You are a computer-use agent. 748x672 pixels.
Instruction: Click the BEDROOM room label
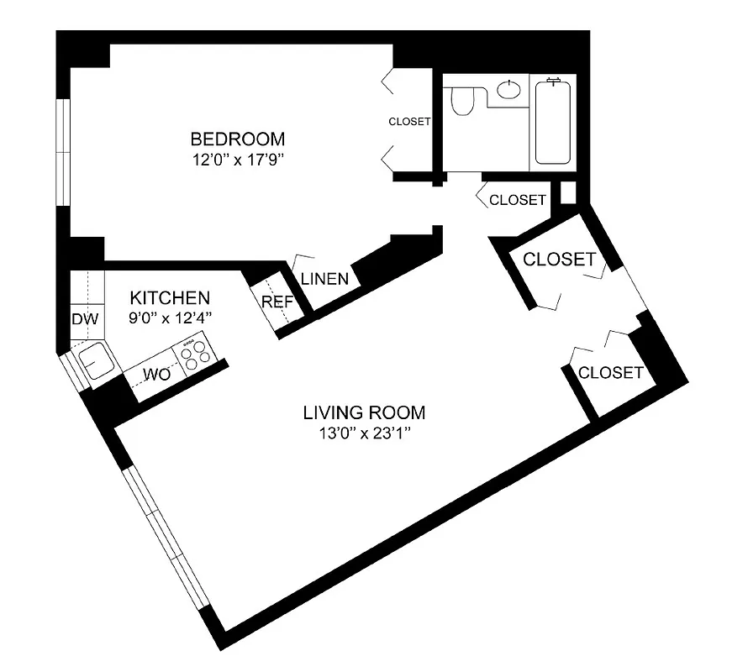click(237, 139)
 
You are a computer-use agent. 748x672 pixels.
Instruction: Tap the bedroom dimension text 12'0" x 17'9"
click(237, 159)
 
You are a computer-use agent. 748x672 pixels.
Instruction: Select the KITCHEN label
click(170, 297)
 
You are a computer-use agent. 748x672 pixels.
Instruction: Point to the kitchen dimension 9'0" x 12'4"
click(170, 317)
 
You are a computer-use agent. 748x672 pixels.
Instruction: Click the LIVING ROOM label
click(364, 412)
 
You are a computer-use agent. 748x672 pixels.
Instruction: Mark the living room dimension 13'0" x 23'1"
click(364, 433)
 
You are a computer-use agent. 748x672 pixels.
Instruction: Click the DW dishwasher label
click(85, 319)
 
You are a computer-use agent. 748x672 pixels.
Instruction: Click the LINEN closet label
click(324, 279)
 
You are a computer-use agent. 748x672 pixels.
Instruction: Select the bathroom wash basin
click(508, 89)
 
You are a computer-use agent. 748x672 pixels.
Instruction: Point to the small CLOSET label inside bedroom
click(409, 122)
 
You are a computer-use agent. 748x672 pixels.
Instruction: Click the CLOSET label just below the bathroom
click(518, 200)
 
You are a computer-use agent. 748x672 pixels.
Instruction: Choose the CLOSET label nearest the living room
click(611, 372)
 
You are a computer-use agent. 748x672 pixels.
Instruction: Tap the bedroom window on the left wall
click(63, 151)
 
